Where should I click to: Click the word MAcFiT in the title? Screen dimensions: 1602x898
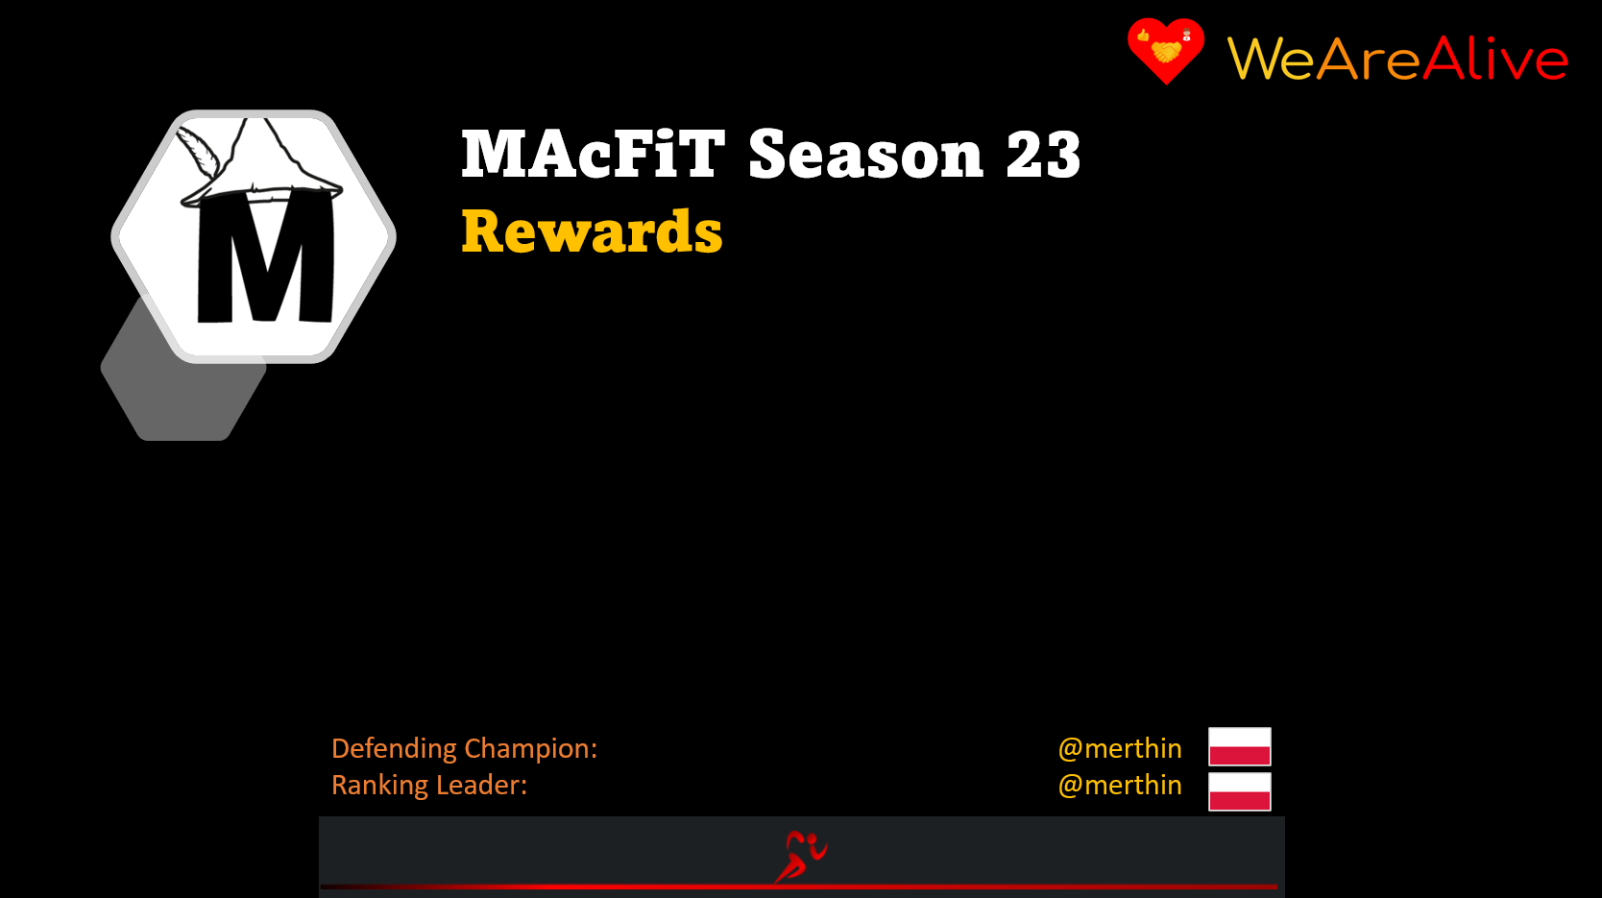pyautogui.click(x=593, y=154)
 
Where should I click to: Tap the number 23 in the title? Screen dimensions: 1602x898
pyautogui.click(x=1043, y=155)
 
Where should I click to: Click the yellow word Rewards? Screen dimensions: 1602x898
pyautogui.click(x=592, y=231)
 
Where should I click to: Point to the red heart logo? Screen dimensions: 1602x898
pyautogui.click(x=1166, y=50)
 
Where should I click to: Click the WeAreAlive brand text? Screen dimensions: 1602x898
pyautogui.click(x=1397, y=58)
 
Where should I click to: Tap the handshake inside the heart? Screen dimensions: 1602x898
pyautogui.click(x=1166, y=52)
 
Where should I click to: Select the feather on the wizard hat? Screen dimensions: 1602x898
pyautogui.click(x=198, y=151)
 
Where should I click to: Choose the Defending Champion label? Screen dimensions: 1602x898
pyautogui.click(x=464, y=748)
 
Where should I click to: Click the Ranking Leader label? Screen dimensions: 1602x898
pyautogui.click(x=429, y=785)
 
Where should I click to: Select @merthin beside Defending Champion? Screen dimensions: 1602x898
pyautogui.click(x=1120, y=748)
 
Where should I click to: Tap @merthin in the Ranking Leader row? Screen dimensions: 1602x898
pyautogui.click(x=1120, y=785)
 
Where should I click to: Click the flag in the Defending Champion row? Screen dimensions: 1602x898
pyautogui.click(x=1239, y=746)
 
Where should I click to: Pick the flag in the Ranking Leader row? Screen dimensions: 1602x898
pyautogui.click(x=1239, y=791)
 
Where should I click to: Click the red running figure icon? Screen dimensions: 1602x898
pyautogui.click(x=800, y=856)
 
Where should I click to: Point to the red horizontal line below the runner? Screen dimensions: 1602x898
pyautogui.click(x=799, y=886)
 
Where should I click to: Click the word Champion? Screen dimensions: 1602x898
pyautogui.click(x=530, y=748)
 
